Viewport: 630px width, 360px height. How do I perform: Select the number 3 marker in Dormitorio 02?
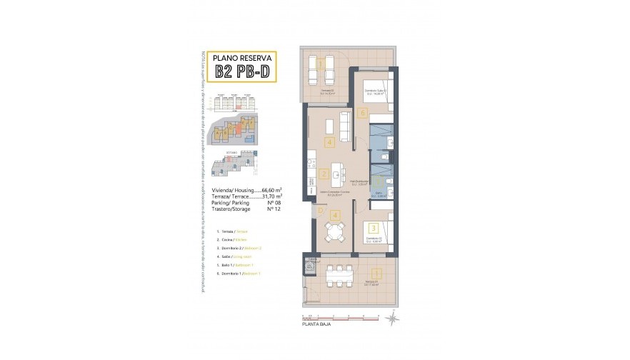(374, 229)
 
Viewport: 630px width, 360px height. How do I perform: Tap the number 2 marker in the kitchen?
(324, 174)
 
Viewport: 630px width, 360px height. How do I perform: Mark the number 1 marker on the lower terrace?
(375, 271)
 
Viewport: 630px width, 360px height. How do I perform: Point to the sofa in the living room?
(345, 126)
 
